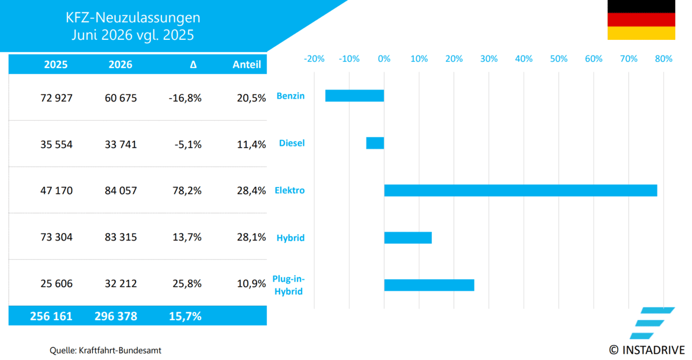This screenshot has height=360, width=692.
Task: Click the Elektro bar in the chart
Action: coord(521,190)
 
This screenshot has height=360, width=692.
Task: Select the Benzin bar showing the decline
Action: coord(355,96)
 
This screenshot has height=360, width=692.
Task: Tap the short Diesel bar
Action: coord(375,143)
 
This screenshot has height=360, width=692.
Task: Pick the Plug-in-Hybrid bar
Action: coord(429,285)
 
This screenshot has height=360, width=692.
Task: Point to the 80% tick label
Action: coord(664,59)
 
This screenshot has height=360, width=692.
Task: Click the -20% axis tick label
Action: coord(314,59)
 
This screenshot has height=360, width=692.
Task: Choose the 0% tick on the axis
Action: coord(384,59)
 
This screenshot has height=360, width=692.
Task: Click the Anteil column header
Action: coord(247,64)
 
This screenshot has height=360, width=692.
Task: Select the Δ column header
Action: coord(193,64)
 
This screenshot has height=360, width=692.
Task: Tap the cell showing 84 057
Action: coord(121,190)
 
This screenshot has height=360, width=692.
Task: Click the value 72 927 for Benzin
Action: coord(57,98)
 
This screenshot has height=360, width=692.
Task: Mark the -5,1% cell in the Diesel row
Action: coord(188,144)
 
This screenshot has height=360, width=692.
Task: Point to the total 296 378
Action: coord(115,316)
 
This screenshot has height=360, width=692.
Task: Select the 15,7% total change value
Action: coord(185,316)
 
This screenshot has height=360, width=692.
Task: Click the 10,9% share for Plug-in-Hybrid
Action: coord(251,283)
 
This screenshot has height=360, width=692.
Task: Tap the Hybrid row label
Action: coord(291,238)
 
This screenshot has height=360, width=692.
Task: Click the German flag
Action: coord(641,20)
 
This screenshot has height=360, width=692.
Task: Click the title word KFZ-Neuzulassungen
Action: coord(133,17)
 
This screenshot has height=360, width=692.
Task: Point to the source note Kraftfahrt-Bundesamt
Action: coord(120,350)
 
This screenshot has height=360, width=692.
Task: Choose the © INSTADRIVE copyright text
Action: coord(647,350)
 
